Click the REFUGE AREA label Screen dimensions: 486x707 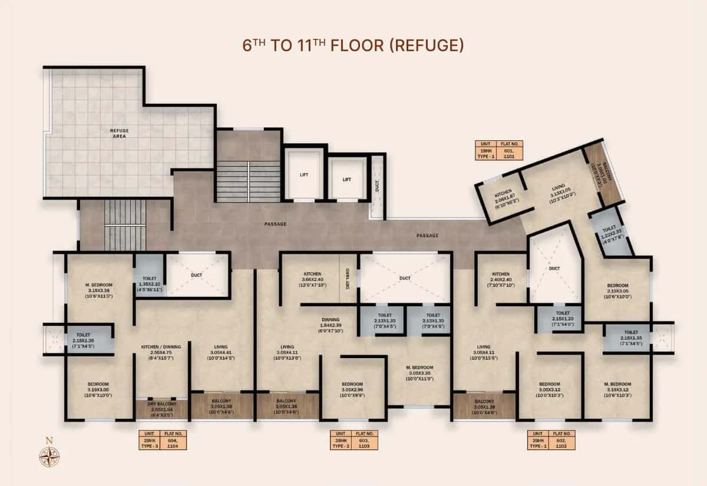click(x=119, y=133)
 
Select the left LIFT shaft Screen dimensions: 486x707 click(x=305, y=175)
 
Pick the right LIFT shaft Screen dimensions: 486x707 click(x=347, y=178)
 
